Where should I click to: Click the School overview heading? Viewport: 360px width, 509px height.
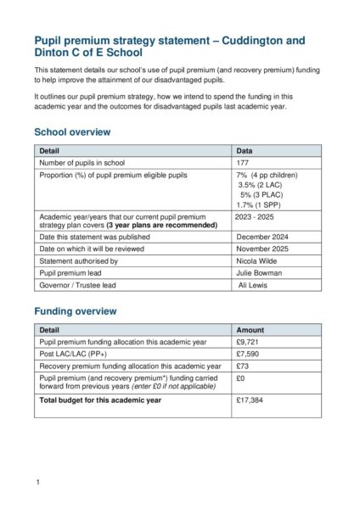(x=72, y=132)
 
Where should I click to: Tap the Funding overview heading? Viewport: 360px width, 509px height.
(x=75, y=311)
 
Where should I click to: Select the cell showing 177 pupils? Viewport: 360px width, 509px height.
(x=244, y=163)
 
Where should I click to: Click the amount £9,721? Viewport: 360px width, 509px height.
(x=248, y=342)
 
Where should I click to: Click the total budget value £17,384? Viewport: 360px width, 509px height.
(x=250, y=400)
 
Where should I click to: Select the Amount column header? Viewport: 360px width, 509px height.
(x=250, y=330)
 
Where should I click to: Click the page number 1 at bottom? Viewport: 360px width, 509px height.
(x=38, y=482)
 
